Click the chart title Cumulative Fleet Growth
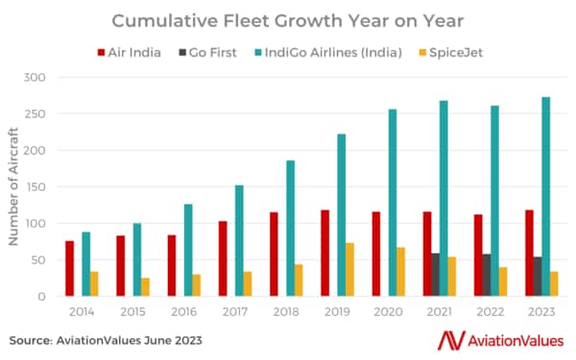tap(288, 20)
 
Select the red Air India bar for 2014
tap(70, 269)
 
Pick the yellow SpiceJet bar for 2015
tap(145, 287)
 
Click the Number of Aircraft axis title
tap(14, 185)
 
